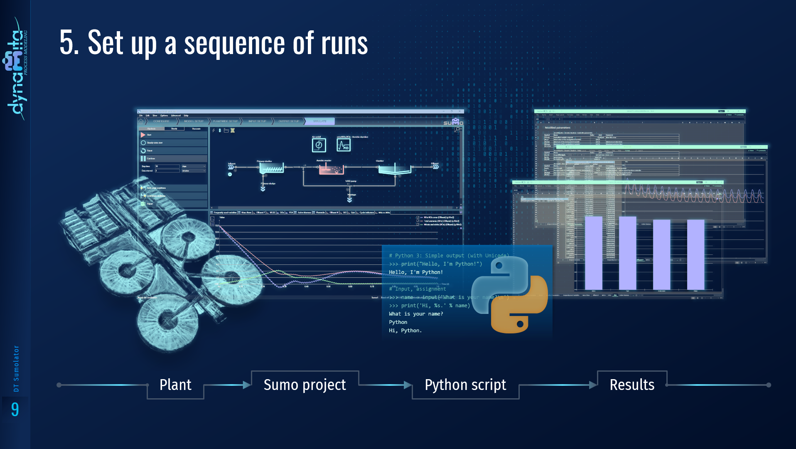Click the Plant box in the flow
[175, 385]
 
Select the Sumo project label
[305, 385]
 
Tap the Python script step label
[465, 385]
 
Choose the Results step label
[632, 385]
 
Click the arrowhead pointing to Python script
[408, 385]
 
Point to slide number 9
[15, 410]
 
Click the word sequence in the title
[235, 43]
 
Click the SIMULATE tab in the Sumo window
[319, 121]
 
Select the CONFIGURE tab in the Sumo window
[161, 121]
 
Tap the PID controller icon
[344, 145]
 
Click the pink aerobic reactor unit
[331, 169]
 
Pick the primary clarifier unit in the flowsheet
[271, 168]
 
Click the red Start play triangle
[143, 135]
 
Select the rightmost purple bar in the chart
[695, 254]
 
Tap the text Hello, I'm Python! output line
[416, 272]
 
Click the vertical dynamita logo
[16, 69]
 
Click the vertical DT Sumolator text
[16, 368]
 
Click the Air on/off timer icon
[319, 145]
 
